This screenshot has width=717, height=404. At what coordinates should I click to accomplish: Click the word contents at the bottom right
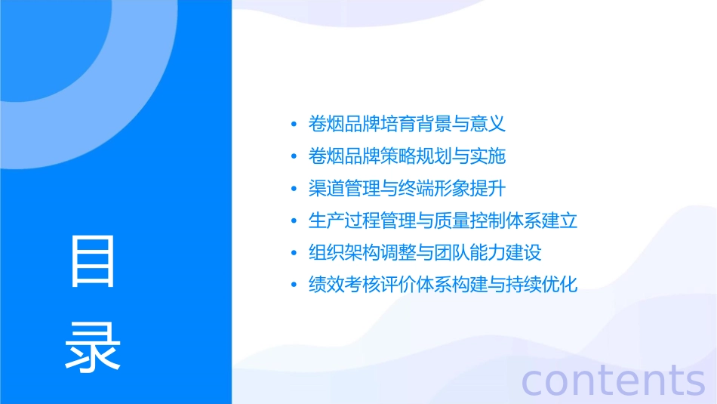click(613, 380)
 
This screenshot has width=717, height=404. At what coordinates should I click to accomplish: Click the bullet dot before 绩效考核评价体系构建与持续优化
click(294, 285)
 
